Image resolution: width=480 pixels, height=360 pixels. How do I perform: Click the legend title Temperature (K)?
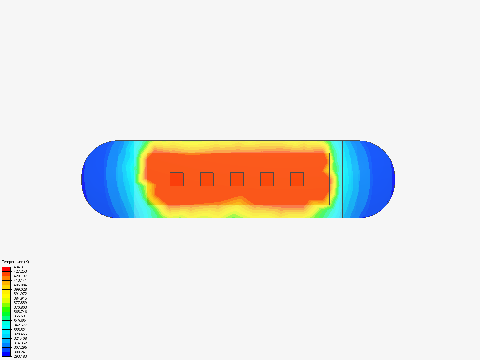(16, 262)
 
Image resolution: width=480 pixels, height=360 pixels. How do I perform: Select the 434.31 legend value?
(19, 267)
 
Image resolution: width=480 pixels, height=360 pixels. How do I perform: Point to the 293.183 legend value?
(20, 356)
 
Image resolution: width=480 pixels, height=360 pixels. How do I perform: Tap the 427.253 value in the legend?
(20, 271)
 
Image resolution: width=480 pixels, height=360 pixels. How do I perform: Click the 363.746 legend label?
(20, 312)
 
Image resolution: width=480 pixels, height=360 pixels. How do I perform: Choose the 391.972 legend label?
(20, 294)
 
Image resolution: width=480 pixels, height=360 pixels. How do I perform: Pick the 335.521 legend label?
(20, 330)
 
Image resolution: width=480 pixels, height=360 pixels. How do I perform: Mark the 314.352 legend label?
(20, 343)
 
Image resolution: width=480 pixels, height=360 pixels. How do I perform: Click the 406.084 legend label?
(20, 285)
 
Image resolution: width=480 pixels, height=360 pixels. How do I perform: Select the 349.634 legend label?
(20, 321)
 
